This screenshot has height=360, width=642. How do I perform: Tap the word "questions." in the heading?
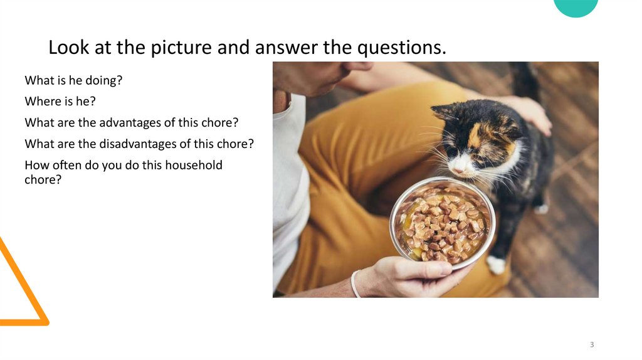coord(401,48)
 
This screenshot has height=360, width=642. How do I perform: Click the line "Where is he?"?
coord(58,101)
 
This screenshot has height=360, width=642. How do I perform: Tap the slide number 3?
coord(592,345)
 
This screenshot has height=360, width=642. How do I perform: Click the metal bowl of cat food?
coord(442,223)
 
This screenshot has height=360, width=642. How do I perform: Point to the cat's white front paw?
coord(497,265)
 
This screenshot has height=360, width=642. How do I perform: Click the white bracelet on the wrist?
coord(355,283)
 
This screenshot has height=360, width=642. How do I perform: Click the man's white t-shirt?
coord(288,188)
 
